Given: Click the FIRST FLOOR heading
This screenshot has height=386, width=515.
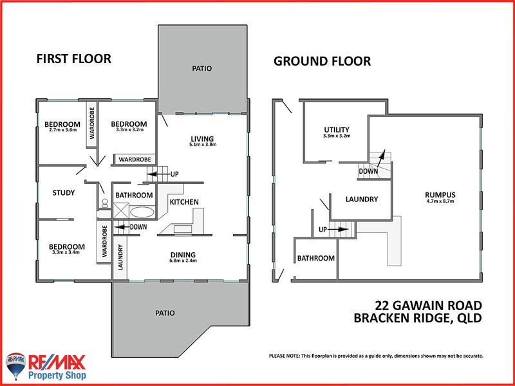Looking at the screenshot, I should coord(73,59).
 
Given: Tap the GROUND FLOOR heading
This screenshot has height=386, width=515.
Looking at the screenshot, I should coord(322,61).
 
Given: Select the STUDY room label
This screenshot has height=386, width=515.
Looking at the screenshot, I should coord(64,192).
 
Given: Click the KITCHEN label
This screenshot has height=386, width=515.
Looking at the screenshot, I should coord(184,202).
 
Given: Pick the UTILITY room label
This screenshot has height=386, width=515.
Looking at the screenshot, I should coord(336,129).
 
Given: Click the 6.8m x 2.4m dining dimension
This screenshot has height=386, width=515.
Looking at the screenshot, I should coord(183,261).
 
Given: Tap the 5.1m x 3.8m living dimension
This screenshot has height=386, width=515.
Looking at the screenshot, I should coord(201,145).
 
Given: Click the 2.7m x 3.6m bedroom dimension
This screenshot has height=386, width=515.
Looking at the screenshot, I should coord(62,130).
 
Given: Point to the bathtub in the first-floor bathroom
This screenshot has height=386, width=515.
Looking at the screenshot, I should coord(142,212).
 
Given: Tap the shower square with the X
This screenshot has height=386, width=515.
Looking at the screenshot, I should coord(120,211).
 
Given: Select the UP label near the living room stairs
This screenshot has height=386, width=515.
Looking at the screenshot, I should coord(174,174).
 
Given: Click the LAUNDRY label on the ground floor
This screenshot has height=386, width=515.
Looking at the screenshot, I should coord(361,199).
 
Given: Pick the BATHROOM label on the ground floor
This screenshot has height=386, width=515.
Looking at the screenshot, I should coord(315,258).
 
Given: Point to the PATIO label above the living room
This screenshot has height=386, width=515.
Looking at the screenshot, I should coord(201,68).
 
